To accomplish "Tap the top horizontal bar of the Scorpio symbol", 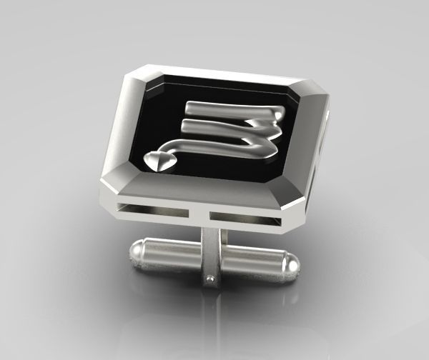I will pos(229,109).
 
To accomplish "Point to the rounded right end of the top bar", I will pos(281,113).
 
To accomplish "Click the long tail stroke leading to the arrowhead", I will pos(214,146).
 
